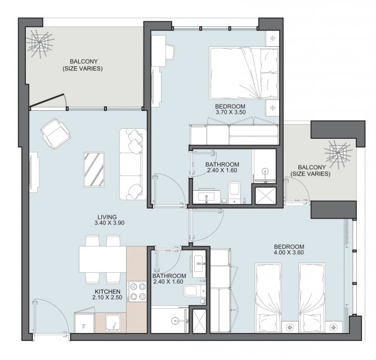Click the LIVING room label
click(x=107, y=217)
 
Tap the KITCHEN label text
click(x=108, y=292)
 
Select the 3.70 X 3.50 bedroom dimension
click(x=230, y=112)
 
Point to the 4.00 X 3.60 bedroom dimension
click(x=289, y=253)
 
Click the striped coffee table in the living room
click(x=94, y=169)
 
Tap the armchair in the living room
click(x=55, y=134)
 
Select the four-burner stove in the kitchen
click(x=138, y=291)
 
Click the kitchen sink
click(x=113, y=323)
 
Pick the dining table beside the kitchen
click(x=102, y=259)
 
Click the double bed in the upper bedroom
click(x=244, y=73)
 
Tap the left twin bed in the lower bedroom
click(x=268, y=298)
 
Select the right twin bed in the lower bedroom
click(x=312, y=298)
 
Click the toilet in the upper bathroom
click(x=235, y=191)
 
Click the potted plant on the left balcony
click(x=39, y=43)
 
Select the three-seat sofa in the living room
click(x=133, y=164)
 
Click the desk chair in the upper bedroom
click(x=170, y=52)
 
